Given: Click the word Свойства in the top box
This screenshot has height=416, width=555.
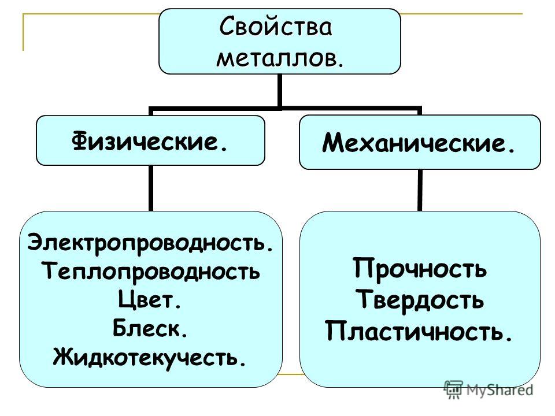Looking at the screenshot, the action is pos(276,27).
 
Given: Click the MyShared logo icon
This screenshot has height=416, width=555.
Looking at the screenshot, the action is pos(453,389).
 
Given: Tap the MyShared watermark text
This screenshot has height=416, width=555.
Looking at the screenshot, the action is pos(499,389).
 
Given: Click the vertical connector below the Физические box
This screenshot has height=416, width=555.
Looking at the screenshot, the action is pos(151,188).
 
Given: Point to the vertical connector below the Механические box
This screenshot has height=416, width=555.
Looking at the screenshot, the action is pos(420,190).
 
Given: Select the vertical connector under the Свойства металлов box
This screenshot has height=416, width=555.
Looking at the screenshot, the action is pos(280,90).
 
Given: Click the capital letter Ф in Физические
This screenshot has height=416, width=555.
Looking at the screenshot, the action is pos(80,141).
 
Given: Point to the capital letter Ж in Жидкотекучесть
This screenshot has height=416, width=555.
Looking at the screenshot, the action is pos(64,356).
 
